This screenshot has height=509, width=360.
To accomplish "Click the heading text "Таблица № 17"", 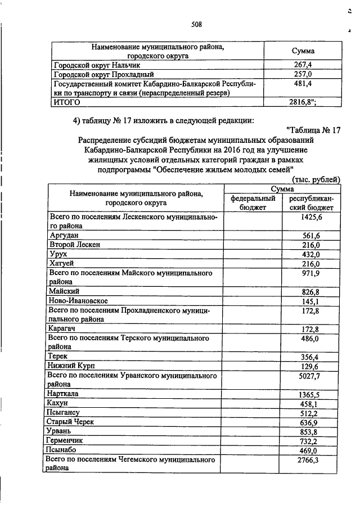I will point(314,130).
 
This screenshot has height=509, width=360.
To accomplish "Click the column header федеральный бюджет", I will point(253,203).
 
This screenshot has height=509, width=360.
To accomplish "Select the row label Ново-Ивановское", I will point(78,301).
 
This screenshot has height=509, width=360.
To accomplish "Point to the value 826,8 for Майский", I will point(308,291).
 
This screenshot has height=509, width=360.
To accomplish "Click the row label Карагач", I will point(65,328).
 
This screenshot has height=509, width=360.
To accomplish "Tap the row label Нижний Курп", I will point(71,366).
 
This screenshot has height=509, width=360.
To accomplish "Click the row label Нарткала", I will point(66,394).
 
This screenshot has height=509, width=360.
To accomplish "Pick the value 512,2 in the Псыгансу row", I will point(308,413).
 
